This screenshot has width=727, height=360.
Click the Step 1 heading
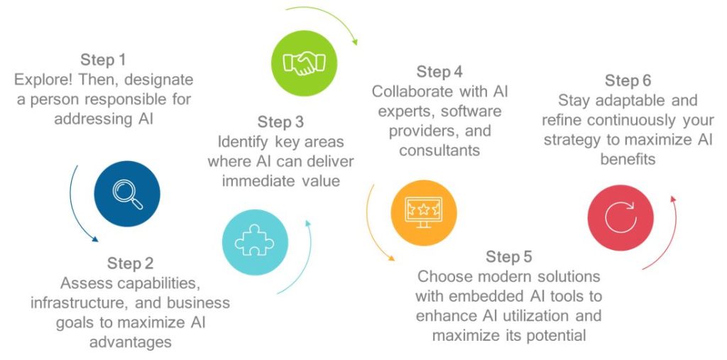(x=103, y=60)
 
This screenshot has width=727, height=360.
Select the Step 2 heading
(x=130, y=263)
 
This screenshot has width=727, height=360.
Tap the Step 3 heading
(x=280, y=122)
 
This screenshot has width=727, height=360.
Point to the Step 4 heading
(x=439, y=72)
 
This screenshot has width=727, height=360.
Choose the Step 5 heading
(x=508, y=256)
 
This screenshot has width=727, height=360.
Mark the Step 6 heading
(x=628, y=80)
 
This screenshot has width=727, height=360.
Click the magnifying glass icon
(x=127, y=194)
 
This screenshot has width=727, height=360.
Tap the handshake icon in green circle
(x=304, y=63)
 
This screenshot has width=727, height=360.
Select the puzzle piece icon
(x=255, y=241)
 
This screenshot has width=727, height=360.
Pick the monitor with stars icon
(x=424, y=213)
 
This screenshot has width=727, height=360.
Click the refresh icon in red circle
(x=621, y=217)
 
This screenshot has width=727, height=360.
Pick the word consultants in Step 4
(x=439, y=151)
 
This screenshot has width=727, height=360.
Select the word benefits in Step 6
(x=628, y=159)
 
